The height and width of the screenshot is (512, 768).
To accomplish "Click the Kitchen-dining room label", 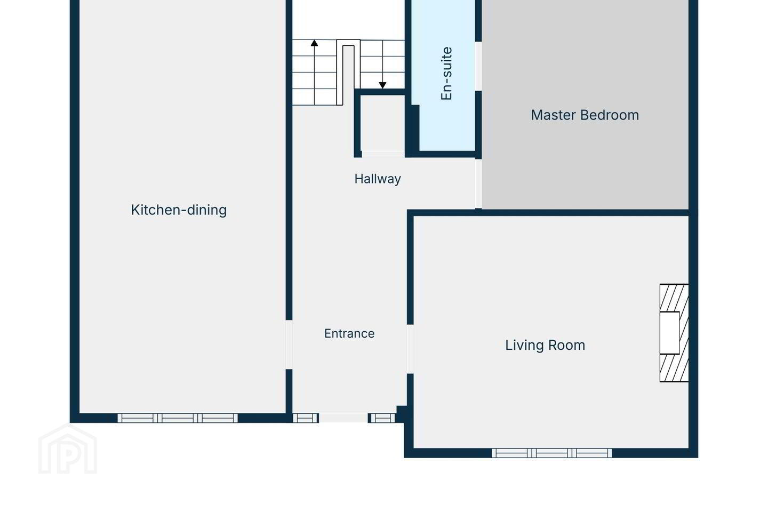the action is click(x=179, y=210).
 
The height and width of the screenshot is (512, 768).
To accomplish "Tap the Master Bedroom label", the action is click(x=585, y=115).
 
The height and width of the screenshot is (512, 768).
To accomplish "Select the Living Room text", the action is click(x=545, y=346).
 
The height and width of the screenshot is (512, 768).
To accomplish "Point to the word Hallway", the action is click(x=378, y=179).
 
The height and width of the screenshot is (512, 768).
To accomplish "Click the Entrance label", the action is click(x=349, y=333).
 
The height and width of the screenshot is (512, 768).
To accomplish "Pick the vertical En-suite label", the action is click(x=446, y=74).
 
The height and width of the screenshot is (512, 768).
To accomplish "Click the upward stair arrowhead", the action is click(x=315, y=43).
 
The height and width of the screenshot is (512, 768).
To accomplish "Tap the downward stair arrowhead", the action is click(x=382, y=85).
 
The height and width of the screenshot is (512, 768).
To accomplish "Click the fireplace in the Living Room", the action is click(x=674, y=333).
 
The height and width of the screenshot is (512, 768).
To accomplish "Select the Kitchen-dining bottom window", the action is click(x=178, y=418).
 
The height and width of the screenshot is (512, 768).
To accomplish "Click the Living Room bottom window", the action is click(x=551, y=453).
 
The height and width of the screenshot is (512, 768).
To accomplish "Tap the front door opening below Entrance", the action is click(x=343, y=418).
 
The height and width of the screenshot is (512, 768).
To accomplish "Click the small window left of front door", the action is click(x=305, y=418).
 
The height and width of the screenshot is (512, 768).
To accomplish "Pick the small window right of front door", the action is click(x=382, y=418).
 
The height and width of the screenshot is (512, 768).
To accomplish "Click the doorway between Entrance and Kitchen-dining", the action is click(x=289, y=345).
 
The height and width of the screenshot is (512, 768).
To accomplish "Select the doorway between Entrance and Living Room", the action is click(x=410, y=349).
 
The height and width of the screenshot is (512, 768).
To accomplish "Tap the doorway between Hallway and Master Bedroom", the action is click(x=478, y=183).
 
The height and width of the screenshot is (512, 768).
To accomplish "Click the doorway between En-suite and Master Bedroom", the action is click(x=478, y=66).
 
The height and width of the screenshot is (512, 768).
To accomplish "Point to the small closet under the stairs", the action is click(x=382, y=123).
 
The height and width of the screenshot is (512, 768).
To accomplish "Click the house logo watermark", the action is click(x=68, y=449).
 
